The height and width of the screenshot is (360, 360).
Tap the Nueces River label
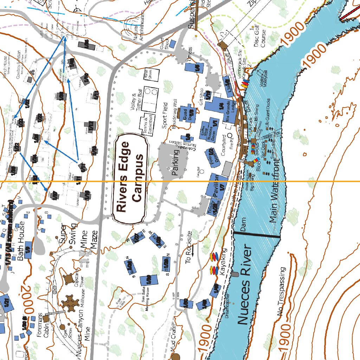click(244, 285)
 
